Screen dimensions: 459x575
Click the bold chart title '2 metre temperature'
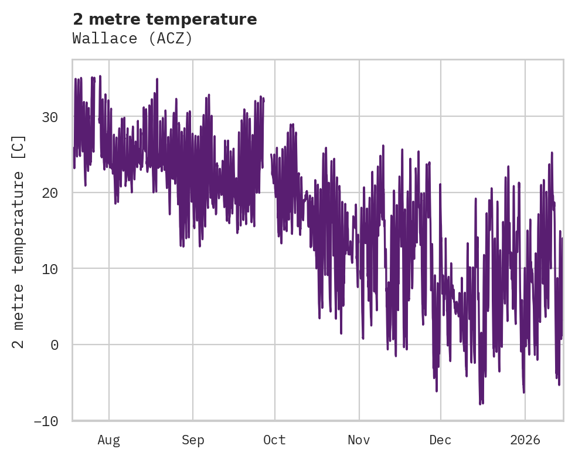pyautogui.click(x=165, y=19)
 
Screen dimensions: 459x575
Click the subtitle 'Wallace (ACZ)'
pyautogui.click(x=132, y=38)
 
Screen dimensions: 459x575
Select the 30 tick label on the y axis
pyautogui.click(x=50, y=117)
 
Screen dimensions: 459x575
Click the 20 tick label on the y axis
pyautogui.click(x=50, y=193)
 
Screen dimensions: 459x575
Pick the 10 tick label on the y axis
pyautogui.click(x=50, y=269)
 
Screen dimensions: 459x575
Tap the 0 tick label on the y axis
pyautogui.click(x=55, y=345)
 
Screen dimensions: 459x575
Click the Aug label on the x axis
pyautogui.click(x=109, y=440)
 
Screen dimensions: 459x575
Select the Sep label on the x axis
pyautogui.click(x=193, y=440)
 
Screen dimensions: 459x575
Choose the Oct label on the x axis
pyautogui.click(x=274, y=440)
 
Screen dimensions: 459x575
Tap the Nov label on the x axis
pyautogui.click(x=359, y=440)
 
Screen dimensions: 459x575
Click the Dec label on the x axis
pyautogui.click(x=440, y=440)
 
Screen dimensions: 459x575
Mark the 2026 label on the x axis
pyautogui.click(x=525, y=440)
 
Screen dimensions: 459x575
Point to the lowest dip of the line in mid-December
pyautogui.click(x=480, y=404)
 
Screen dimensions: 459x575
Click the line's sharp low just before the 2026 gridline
pyautogui.click(x=523, y=392)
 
